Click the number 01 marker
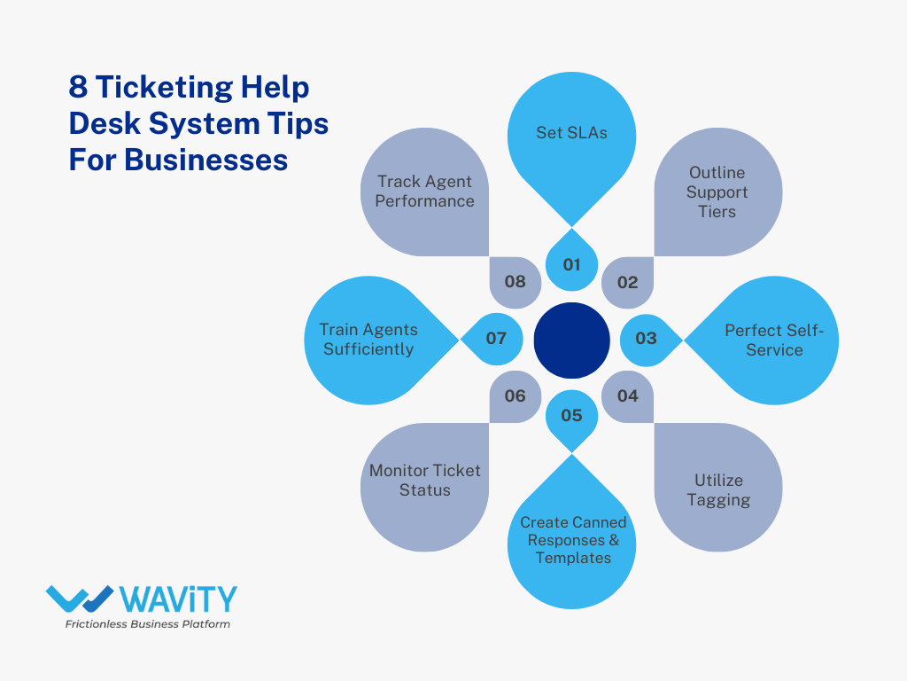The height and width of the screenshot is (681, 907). pos(571,264)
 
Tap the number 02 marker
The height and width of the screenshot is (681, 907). pos(627,283)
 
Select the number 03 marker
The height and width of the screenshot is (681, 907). pos(646,338)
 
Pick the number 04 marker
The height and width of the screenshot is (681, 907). pos(627,395)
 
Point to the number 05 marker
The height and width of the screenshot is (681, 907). pos(571,415)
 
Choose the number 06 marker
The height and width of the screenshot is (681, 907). pos(516,395)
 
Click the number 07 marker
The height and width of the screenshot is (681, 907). pos(496,338)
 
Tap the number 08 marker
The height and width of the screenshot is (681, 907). pos(516,282)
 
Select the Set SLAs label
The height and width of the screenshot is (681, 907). pos(571,133)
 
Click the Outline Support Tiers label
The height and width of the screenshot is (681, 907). pos(717,192)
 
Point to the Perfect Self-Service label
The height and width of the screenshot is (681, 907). pos(774,340)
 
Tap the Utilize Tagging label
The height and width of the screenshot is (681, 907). pos(718,489)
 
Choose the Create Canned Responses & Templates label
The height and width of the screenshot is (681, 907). pos(572,540)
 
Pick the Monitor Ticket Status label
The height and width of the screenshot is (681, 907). pos(425,480)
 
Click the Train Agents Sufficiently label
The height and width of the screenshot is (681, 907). pos(368,339)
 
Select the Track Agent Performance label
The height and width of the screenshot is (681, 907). pos(424,192)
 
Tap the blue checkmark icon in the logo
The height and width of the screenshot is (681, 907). pos(80,599)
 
